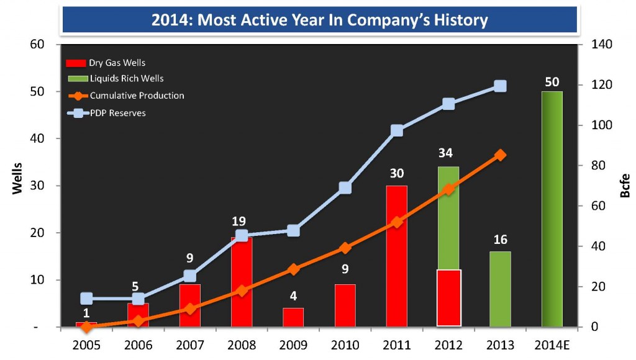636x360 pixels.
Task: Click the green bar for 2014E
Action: [x=552, y=209]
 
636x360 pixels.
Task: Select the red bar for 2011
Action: [x=396, y=256]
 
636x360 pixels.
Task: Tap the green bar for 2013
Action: [x=500, y=289]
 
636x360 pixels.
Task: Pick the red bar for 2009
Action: [x=293, y=317]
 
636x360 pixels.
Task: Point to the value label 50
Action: [x=552, y=81]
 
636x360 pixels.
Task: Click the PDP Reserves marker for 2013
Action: [x=500, y=86]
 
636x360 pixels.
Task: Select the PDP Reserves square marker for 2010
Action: [x=345, y=188]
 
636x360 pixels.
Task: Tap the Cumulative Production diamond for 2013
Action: [x=500, y=155]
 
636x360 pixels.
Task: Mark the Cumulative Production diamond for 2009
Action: [x=294, y=269]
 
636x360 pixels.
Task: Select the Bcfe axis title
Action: [x=625, y=186]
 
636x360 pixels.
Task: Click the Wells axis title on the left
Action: [x=18, y=179]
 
